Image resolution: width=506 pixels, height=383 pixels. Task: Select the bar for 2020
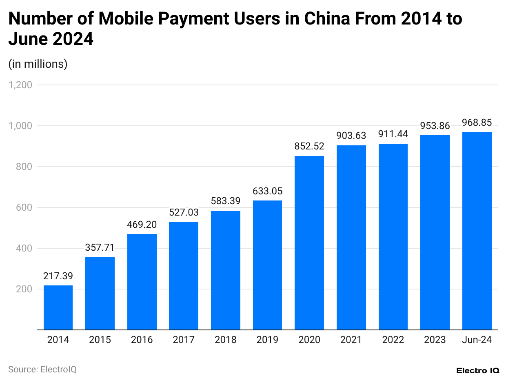click(309, 243)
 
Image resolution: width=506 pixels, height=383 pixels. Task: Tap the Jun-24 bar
click(477, 231)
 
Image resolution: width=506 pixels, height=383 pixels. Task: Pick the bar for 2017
click(184, 276)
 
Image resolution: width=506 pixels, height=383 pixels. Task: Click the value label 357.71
click(100, 247)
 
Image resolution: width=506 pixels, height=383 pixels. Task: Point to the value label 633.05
click(267, 191)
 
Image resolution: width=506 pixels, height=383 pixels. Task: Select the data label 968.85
click(477, 122)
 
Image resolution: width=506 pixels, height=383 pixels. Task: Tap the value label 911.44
click(393, 134)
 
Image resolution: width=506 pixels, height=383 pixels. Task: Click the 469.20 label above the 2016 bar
click(142, 225)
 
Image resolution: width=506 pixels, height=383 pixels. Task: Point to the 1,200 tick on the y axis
click(20, 85)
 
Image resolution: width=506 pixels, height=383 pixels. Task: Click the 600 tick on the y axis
click(24, 207)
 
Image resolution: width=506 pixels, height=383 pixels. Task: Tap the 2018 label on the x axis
click(225, 340)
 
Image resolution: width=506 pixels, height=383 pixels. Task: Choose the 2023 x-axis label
click(435, 340)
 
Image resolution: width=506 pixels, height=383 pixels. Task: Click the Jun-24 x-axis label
click(477, 340)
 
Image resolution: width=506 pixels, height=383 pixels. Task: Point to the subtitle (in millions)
click(38, 64)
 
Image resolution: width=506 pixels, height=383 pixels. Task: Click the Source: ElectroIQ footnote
click(42, 370)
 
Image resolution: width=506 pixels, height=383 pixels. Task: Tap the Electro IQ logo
click(477, 371)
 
